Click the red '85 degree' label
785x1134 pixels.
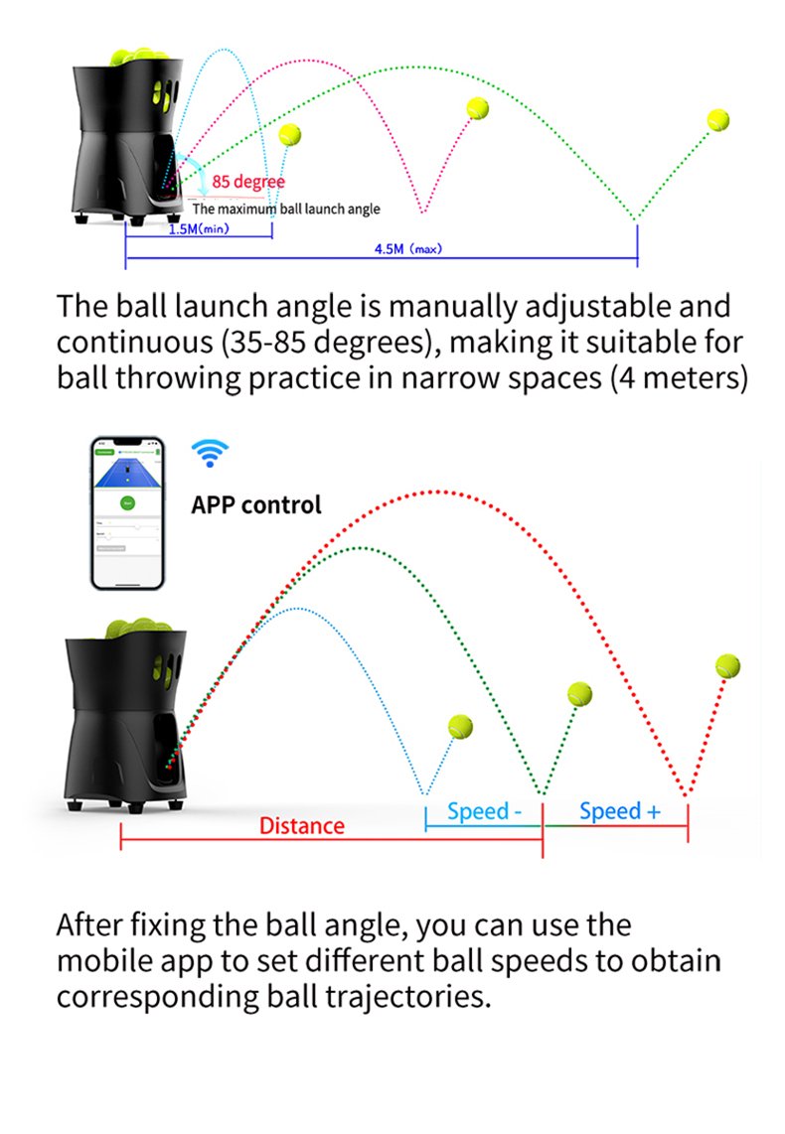click(248, 182)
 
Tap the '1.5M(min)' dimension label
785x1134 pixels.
click(198, 229)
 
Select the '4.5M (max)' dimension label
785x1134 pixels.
click(407, 249)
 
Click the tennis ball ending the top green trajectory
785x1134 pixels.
click(718, 120)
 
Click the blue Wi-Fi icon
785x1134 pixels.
click(209, 454)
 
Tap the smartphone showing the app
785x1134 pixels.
click(126, 512)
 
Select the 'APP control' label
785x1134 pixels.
click(256, 504)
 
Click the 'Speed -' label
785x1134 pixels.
click(484, 811)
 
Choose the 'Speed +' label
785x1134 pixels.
click(619, 811)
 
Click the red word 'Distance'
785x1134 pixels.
click(302, 826)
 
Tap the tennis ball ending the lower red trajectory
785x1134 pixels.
click(728, 665)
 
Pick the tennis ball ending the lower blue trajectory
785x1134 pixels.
click(460, 727)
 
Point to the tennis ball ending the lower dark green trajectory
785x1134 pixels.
click(578, 693)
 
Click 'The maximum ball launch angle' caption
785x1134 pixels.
click(286, 210)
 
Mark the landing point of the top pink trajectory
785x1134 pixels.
click(424, 212)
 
